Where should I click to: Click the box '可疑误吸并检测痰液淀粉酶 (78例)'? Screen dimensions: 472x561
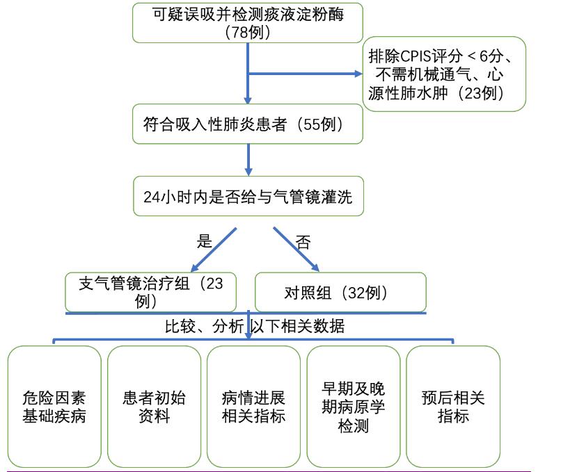(248, 22)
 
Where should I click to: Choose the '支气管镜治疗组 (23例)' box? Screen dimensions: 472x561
(151, 292)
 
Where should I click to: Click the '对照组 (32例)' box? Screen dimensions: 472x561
(340, 292)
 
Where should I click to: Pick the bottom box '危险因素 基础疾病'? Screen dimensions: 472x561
(54, 407)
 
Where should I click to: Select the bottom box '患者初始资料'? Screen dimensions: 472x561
(154, 407)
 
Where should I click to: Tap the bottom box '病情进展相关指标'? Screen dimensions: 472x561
(253, 407)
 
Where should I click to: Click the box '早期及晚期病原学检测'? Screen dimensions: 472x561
(353, 407)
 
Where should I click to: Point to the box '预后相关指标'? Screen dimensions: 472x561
(453, 407)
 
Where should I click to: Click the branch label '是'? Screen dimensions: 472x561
(204, 242)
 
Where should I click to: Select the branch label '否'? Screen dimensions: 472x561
(303, 243)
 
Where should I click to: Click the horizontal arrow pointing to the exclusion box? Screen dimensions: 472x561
(306, 73)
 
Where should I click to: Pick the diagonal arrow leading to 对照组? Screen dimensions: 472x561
(296, 249)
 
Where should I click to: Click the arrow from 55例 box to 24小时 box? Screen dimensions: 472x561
(248, 160)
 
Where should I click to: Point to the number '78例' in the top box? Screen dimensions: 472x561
(248, 32)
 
